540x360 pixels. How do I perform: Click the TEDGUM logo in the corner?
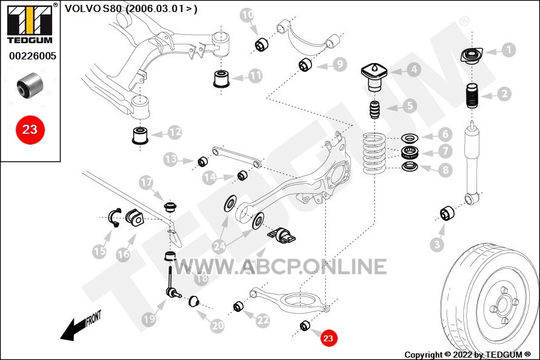coord(30,23)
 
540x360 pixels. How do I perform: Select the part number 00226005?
coord(32,56)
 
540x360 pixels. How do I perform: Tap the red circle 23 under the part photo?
coord(30,130)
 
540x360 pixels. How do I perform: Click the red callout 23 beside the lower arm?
coord(328,338)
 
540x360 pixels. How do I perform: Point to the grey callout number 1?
coord(508,50)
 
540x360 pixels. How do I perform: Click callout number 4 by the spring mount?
coord(414,70)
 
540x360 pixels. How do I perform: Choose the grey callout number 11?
coord(255,76)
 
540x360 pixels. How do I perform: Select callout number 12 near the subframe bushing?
coord(175,132)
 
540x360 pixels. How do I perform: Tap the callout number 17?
coord(146,182)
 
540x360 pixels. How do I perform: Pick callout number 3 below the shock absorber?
coord(437,244)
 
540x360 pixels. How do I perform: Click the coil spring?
coord(374,153)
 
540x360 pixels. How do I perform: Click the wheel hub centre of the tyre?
coord(502,306)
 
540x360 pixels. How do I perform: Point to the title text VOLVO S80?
coord(94,8)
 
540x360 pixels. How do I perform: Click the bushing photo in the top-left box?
coord(30,85)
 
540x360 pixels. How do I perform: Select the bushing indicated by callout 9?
coord(305,65)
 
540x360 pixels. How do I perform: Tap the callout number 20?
coord(217,325)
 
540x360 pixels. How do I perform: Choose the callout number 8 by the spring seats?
coord(446,170)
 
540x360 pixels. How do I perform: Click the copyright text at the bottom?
coord(467,355)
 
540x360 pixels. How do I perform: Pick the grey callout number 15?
coord(100,251)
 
